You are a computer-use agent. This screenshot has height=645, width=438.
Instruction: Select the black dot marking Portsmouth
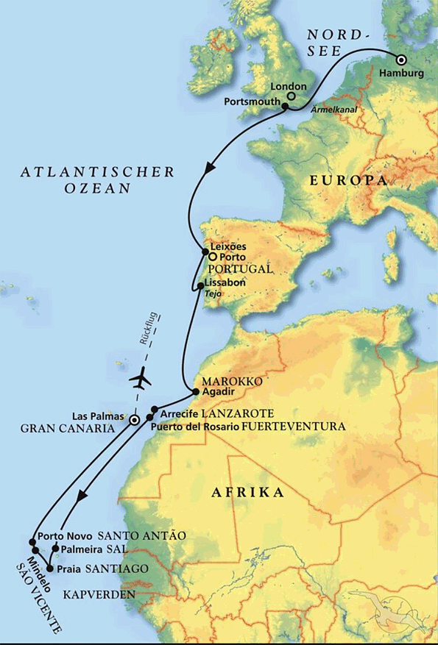(285, 107)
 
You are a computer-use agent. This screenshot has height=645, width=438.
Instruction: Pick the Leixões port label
(227, 246)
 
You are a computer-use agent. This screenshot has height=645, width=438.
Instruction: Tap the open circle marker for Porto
(212, 257)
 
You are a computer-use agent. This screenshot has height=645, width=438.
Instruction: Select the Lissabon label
(226, 282)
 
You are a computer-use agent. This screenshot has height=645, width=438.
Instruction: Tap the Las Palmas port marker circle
(134, 420)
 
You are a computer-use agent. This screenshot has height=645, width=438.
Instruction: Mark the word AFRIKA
(247, 493)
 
